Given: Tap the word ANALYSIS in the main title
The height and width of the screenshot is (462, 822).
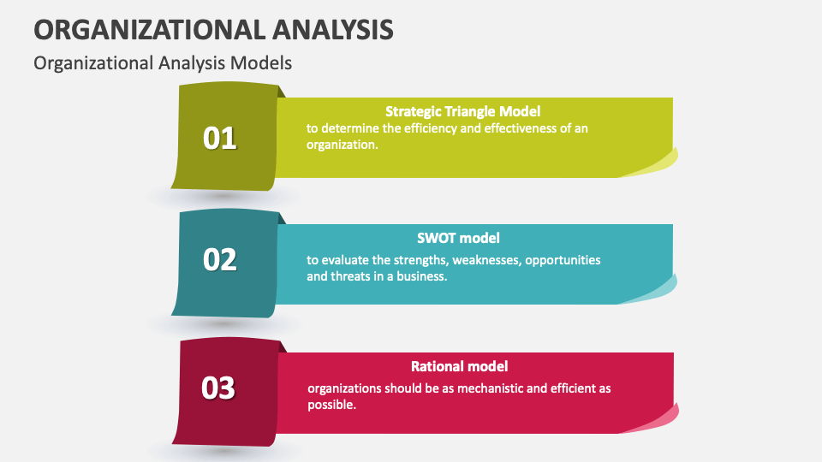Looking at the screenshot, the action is click(333, 29).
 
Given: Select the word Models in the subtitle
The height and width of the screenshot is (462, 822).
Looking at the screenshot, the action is click(261, 62).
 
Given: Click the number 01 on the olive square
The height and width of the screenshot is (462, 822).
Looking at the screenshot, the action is click(220, 139).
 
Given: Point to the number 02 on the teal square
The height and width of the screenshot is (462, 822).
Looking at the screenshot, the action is click(220, 260).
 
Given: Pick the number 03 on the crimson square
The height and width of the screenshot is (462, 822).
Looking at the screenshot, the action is click(218, 388).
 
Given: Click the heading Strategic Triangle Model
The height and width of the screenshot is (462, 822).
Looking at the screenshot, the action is click(463, 111).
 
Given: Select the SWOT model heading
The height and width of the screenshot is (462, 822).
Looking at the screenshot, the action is click(458, 239).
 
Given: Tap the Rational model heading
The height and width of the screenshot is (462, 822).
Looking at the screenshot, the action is click(459, 366).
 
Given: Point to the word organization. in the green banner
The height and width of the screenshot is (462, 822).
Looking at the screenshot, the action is click(342, 145).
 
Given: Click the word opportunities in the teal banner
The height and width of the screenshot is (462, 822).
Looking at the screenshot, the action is click(563, 260).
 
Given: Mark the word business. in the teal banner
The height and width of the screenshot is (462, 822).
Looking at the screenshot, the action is click(422, 276).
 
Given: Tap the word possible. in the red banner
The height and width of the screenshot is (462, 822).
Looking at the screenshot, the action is click(332, 405).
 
